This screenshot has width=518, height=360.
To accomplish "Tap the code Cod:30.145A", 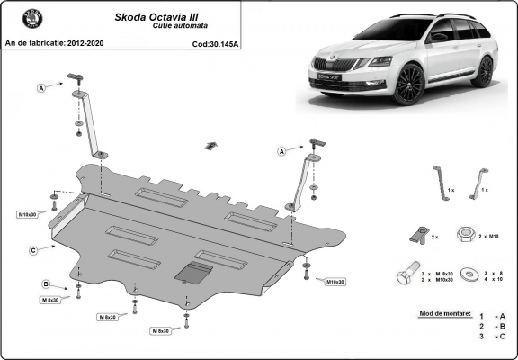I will [x=216, y=42].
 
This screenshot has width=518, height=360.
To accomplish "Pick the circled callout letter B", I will [x=45, y=284].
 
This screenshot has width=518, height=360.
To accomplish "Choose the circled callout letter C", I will [x=32, y=250].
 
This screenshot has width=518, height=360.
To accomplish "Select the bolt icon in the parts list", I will [x=407, y=275].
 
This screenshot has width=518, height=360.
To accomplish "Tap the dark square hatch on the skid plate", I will [x=193, y=273].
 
